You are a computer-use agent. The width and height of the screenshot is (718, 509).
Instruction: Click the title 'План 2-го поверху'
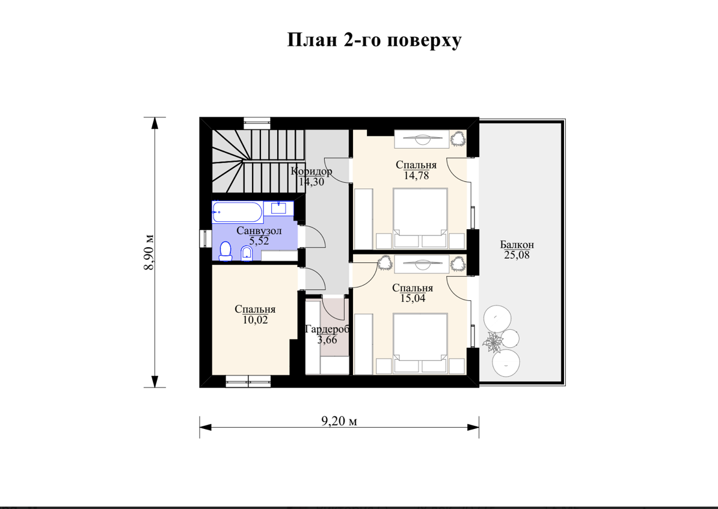pyautogui.click(x=374, y=40)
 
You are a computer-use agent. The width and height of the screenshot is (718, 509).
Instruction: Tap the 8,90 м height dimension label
pyautogui.click(x=149, y=252)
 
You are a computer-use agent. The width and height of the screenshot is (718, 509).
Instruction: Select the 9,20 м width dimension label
pyautogui.click(x=339, y=421)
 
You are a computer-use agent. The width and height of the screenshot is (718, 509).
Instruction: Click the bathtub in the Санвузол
pyautogui.click(x=237, y=212)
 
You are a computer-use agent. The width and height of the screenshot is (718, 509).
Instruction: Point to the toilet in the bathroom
pyautogui.click(x=226, y=251)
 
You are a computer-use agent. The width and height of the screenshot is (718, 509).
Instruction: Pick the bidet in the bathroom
pyautogui.click(x=247, y=253)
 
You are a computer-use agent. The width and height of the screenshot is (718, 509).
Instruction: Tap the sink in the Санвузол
pyautogui.click(x=278, y=208)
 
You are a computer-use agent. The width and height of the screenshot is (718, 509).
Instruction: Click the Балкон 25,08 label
pyautogui.click(x=517, y=250)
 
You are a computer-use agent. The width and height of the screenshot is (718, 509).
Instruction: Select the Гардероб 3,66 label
pyautogui.click(x=327, y=335)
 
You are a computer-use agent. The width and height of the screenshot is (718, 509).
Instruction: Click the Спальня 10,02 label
pyautogui.click(x=255, y=315)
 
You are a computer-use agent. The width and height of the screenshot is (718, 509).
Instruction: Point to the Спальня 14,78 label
pyautogui.click(x=416, y=170)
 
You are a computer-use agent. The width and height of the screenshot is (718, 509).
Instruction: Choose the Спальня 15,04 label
pyautogui.click(x=413, y=293)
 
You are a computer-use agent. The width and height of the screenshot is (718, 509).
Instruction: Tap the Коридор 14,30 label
pyautogui.click(x=311, y=176)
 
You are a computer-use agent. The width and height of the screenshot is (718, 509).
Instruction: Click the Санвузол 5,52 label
pyautogui.click(x=259, y=235)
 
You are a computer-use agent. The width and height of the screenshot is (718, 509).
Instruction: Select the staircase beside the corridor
pyautogui.click(x=258, y=161)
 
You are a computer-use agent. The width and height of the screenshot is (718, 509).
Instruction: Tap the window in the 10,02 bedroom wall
pyautogui.click(x=248, y=381)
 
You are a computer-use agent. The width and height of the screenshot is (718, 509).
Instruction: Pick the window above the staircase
pyautogui.click(x=257, y=121)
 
